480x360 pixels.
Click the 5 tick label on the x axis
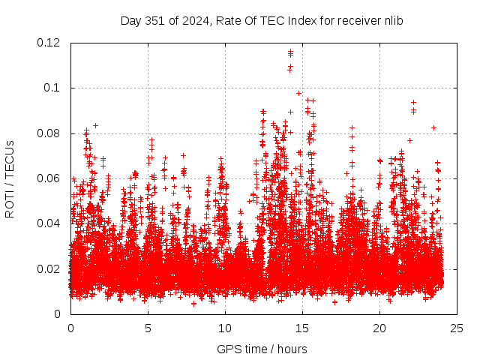coord(148,328)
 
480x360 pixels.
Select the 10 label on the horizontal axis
coord(225,328)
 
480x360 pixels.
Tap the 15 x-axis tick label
coord(302,328)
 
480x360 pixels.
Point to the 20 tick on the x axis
coord(379,328)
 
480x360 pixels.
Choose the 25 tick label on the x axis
coord(457,328)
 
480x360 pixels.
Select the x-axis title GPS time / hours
coord(262,349)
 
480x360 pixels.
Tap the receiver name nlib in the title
coord(393,20)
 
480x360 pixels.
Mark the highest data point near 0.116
coord(290,52)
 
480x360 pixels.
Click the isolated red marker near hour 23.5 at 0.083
coord(433,127)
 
